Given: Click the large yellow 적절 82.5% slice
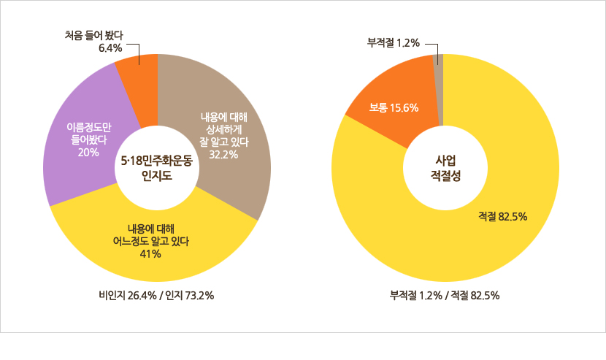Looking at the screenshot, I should pyautogui.click(x=511, y=219).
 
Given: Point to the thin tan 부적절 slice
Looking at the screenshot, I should pyautogui.click(x=439, y=80).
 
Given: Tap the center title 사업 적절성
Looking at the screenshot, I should pyautogui.click(x=445, y=167).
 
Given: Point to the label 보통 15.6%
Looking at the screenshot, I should pyautogui.click(x=394, y=108).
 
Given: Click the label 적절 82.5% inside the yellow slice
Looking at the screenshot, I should pyautogui.click(x=503, y=216).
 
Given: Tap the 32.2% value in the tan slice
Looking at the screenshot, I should pyautogui.click(x=224, y=154).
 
